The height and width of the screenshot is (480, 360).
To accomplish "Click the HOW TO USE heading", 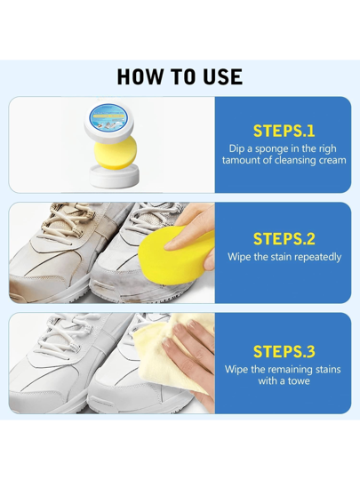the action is click(x=180, y=76).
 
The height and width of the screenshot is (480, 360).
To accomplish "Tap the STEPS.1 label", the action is click(x=284, y=131).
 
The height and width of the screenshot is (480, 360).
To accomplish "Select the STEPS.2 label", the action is click(x=284, y=239).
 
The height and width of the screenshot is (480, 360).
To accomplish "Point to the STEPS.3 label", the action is click(x=284, y=351).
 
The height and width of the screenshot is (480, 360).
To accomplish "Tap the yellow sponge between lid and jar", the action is click(x=115, y=153).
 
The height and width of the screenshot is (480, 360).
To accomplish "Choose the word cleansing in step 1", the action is click(x=292, y=160).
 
